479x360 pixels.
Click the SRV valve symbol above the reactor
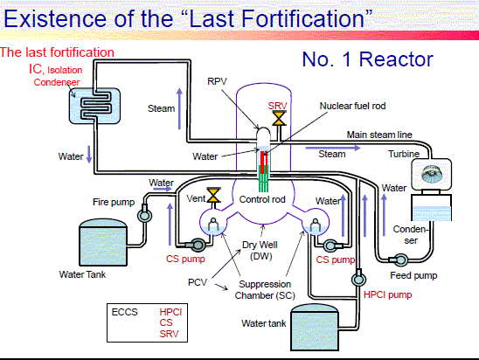(279, 118)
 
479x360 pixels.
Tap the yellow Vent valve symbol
(213, 195)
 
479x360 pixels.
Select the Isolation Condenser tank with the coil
(94, 106)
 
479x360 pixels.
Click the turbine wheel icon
(431, 175)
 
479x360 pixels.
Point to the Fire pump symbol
(144, 214)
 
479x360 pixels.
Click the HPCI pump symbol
(358, 278)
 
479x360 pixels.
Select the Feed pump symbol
(399, 260)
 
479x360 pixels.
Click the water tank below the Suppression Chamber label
(315, 327)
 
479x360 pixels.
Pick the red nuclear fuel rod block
(264, 162)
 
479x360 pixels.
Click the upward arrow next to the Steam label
(179, 108)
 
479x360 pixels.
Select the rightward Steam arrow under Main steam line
(333, 148)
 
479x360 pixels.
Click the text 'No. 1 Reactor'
(367, 59)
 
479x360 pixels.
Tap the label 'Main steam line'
(379, 135)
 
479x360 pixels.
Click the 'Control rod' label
(262, 199)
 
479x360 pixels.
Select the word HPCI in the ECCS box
(170, 312)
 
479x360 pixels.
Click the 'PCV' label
(198, 282)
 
